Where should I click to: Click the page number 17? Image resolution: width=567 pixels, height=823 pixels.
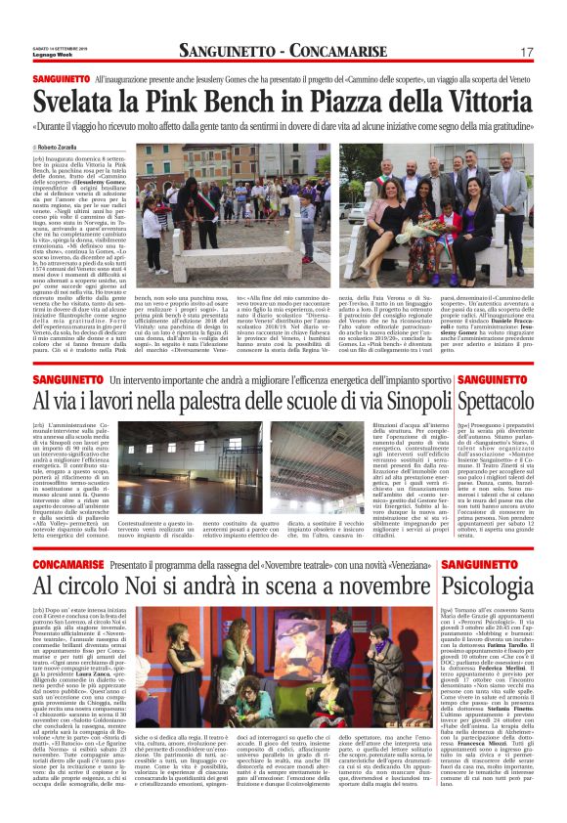coord(526,51)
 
